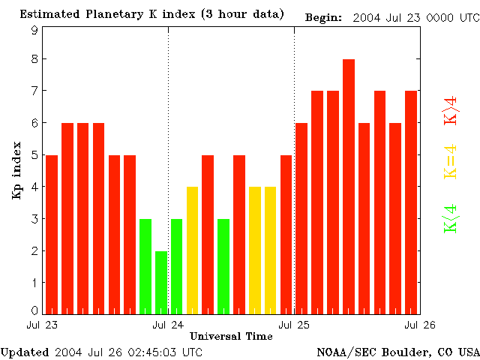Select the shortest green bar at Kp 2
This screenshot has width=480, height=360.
click(x=160, y=282)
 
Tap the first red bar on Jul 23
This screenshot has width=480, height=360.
click(x=52, y=234)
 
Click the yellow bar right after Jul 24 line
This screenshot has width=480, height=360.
click(x=192, y=250)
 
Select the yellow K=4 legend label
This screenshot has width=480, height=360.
click(x=451, y=162)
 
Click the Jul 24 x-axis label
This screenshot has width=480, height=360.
click(x=168, y=325)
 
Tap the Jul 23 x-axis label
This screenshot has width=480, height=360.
click(x=42, y=325)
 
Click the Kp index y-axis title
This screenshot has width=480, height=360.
click(x=16, y=172)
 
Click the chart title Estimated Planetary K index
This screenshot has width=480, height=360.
click(x=151, y=14)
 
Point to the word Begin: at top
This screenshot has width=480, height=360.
click(x=323, y=17)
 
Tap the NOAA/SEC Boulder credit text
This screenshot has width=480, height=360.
click(x=397, y=352)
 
